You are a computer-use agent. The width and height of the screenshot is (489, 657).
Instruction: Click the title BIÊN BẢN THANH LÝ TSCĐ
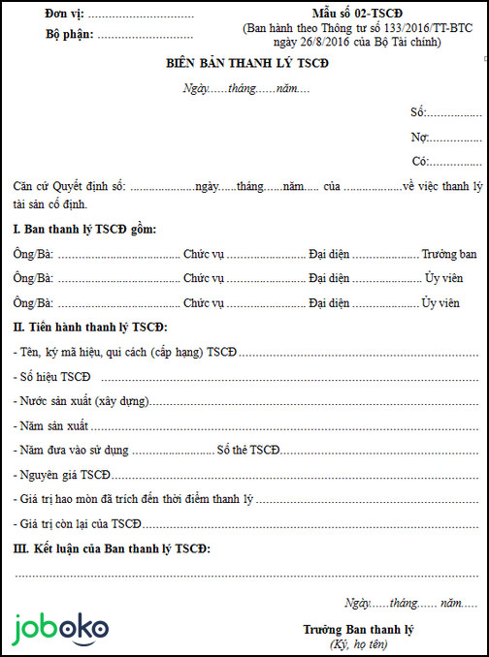(247, 63)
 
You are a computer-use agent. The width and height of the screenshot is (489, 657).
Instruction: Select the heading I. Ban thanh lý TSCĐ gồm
(84, 229)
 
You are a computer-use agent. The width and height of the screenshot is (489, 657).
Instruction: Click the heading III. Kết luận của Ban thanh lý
(112, 549)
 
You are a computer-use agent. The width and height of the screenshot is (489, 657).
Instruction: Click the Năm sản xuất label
(53, 425)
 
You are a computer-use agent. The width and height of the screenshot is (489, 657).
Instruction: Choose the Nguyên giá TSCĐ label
(62, 475)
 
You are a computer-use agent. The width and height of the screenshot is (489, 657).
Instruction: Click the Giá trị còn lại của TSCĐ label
(79, 524)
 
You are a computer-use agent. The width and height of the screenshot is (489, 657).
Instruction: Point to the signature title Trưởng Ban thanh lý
(358, 630)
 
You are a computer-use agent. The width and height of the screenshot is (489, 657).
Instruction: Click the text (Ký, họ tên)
(358, 644)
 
